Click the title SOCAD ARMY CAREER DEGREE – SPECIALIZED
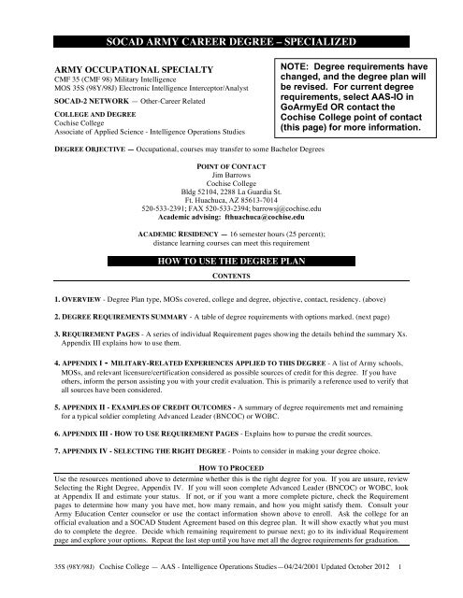point(231,44)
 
